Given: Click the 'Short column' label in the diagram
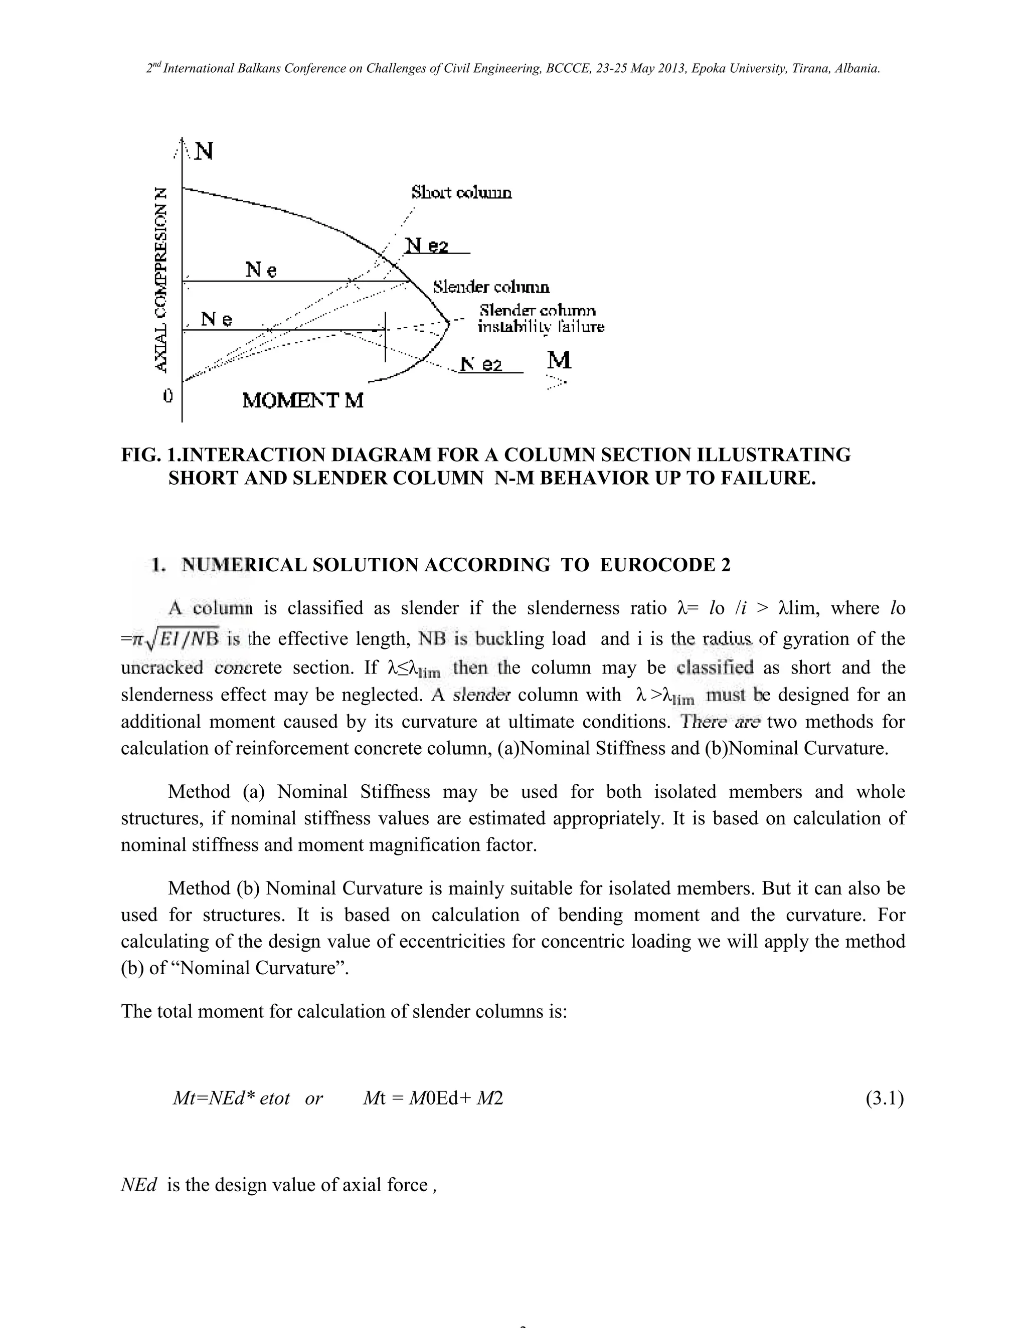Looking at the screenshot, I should coord(461,193).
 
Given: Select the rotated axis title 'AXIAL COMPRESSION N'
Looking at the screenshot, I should coord(160,279).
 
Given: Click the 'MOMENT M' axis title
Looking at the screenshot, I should coord(302,401).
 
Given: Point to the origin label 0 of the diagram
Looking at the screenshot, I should coord(168,396).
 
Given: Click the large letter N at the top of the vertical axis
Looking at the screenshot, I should coord(204,151).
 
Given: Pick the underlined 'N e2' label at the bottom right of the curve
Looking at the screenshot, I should coord(480,365).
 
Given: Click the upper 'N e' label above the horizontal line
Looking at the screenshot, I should coord(261,270).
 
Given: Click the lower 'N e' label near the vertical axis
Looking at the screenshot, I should coord(217,319).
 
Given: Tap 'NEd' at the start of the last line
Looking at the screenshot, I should coord(139,1185).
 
